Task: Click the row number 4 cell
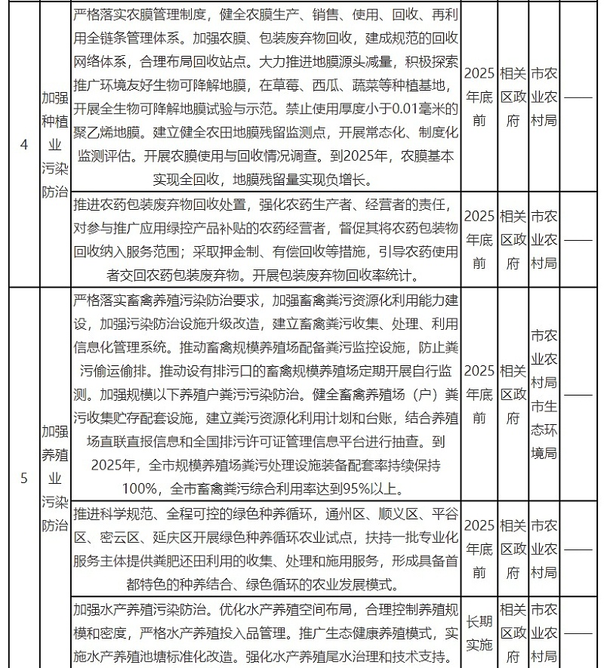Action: tap(23, 144)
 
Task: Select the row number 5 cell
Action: tap(23, 477)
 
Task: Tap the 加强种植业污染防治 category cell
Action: tap(54, 144)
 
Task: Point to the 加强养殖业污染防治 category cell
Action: tap(54, 477)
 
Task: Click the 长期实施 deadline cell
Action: tap(479, 635)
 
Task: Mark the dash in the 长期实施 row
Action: tap(579, 635)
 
